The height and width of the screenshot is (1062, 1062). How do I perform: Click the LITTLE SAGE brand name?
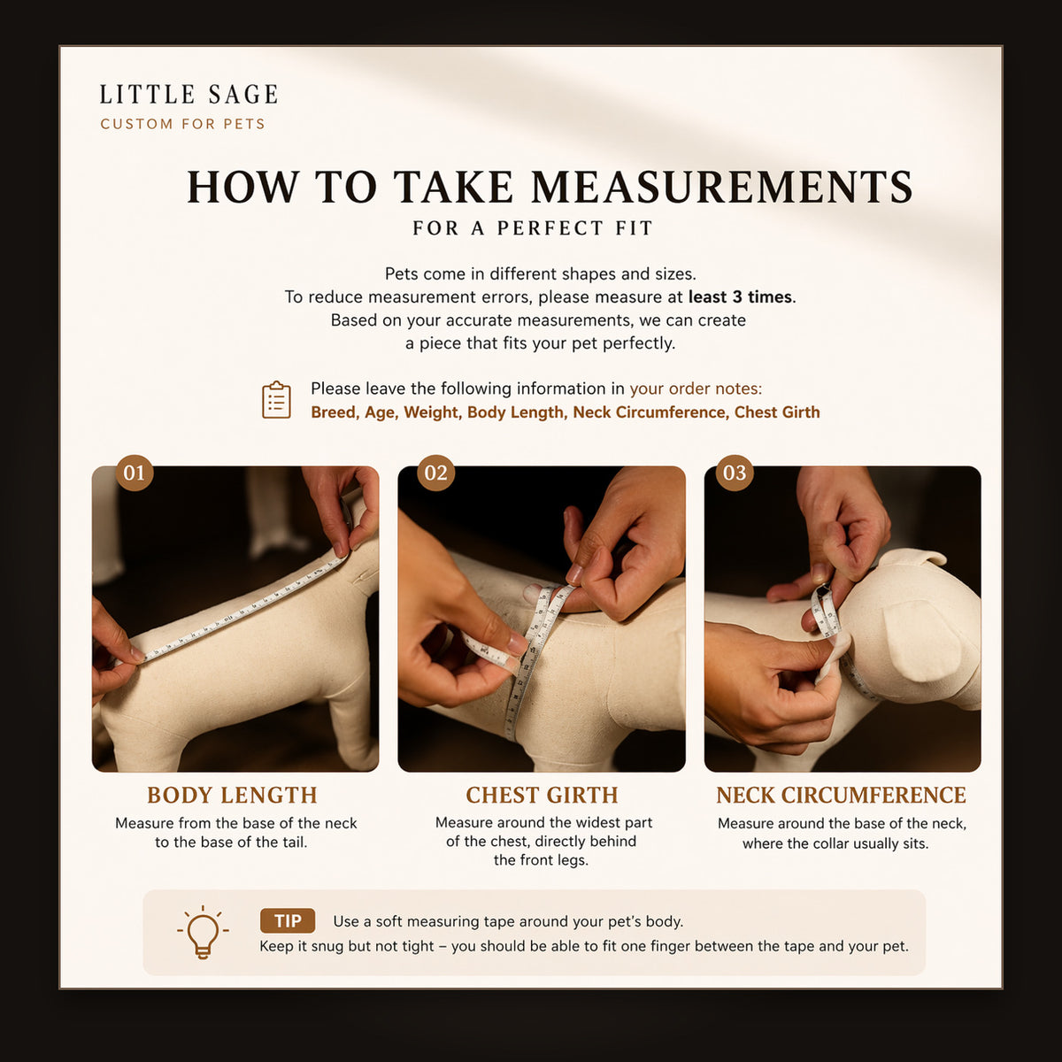(x=189, y=94)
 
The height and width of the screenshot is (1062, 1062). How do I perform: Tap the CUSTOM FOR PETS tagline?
(x=183, y=124)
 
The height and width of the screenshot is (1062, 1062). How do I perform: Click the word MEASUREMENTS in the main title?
(x=722, y=188)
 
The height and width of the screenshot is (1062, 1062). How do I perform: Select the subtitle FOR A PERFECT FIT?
(x=533, y=228)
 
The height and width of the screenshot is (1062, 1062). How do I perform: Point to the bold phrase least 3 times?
(x=740, y=297)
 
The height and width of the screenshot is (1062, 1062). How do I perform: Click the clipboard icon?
(x=276, y=399)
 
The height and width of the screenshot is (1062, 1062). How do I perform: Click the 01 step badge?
(x=135, y=473)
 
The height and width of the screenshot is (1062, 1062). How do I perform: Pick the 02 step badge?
(x=436, y=473)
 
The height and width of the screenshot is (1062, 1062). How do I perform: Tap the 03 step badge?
(x=735, y=473)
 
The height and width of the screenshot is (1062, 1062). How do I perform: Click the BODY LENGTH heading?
(x=232, y=796)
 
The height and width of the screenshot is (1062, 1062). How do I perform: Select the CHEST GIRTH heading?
(x=542, y=796)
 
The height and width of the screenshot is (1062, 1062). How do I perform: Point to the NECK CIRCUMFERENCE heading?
(x=841, y=796)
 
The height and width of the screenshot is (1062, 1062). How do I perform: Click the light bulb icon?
(x=203, y=931)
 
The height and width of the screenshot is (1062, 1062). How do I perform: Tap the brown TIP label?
(x=287, y=921)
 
